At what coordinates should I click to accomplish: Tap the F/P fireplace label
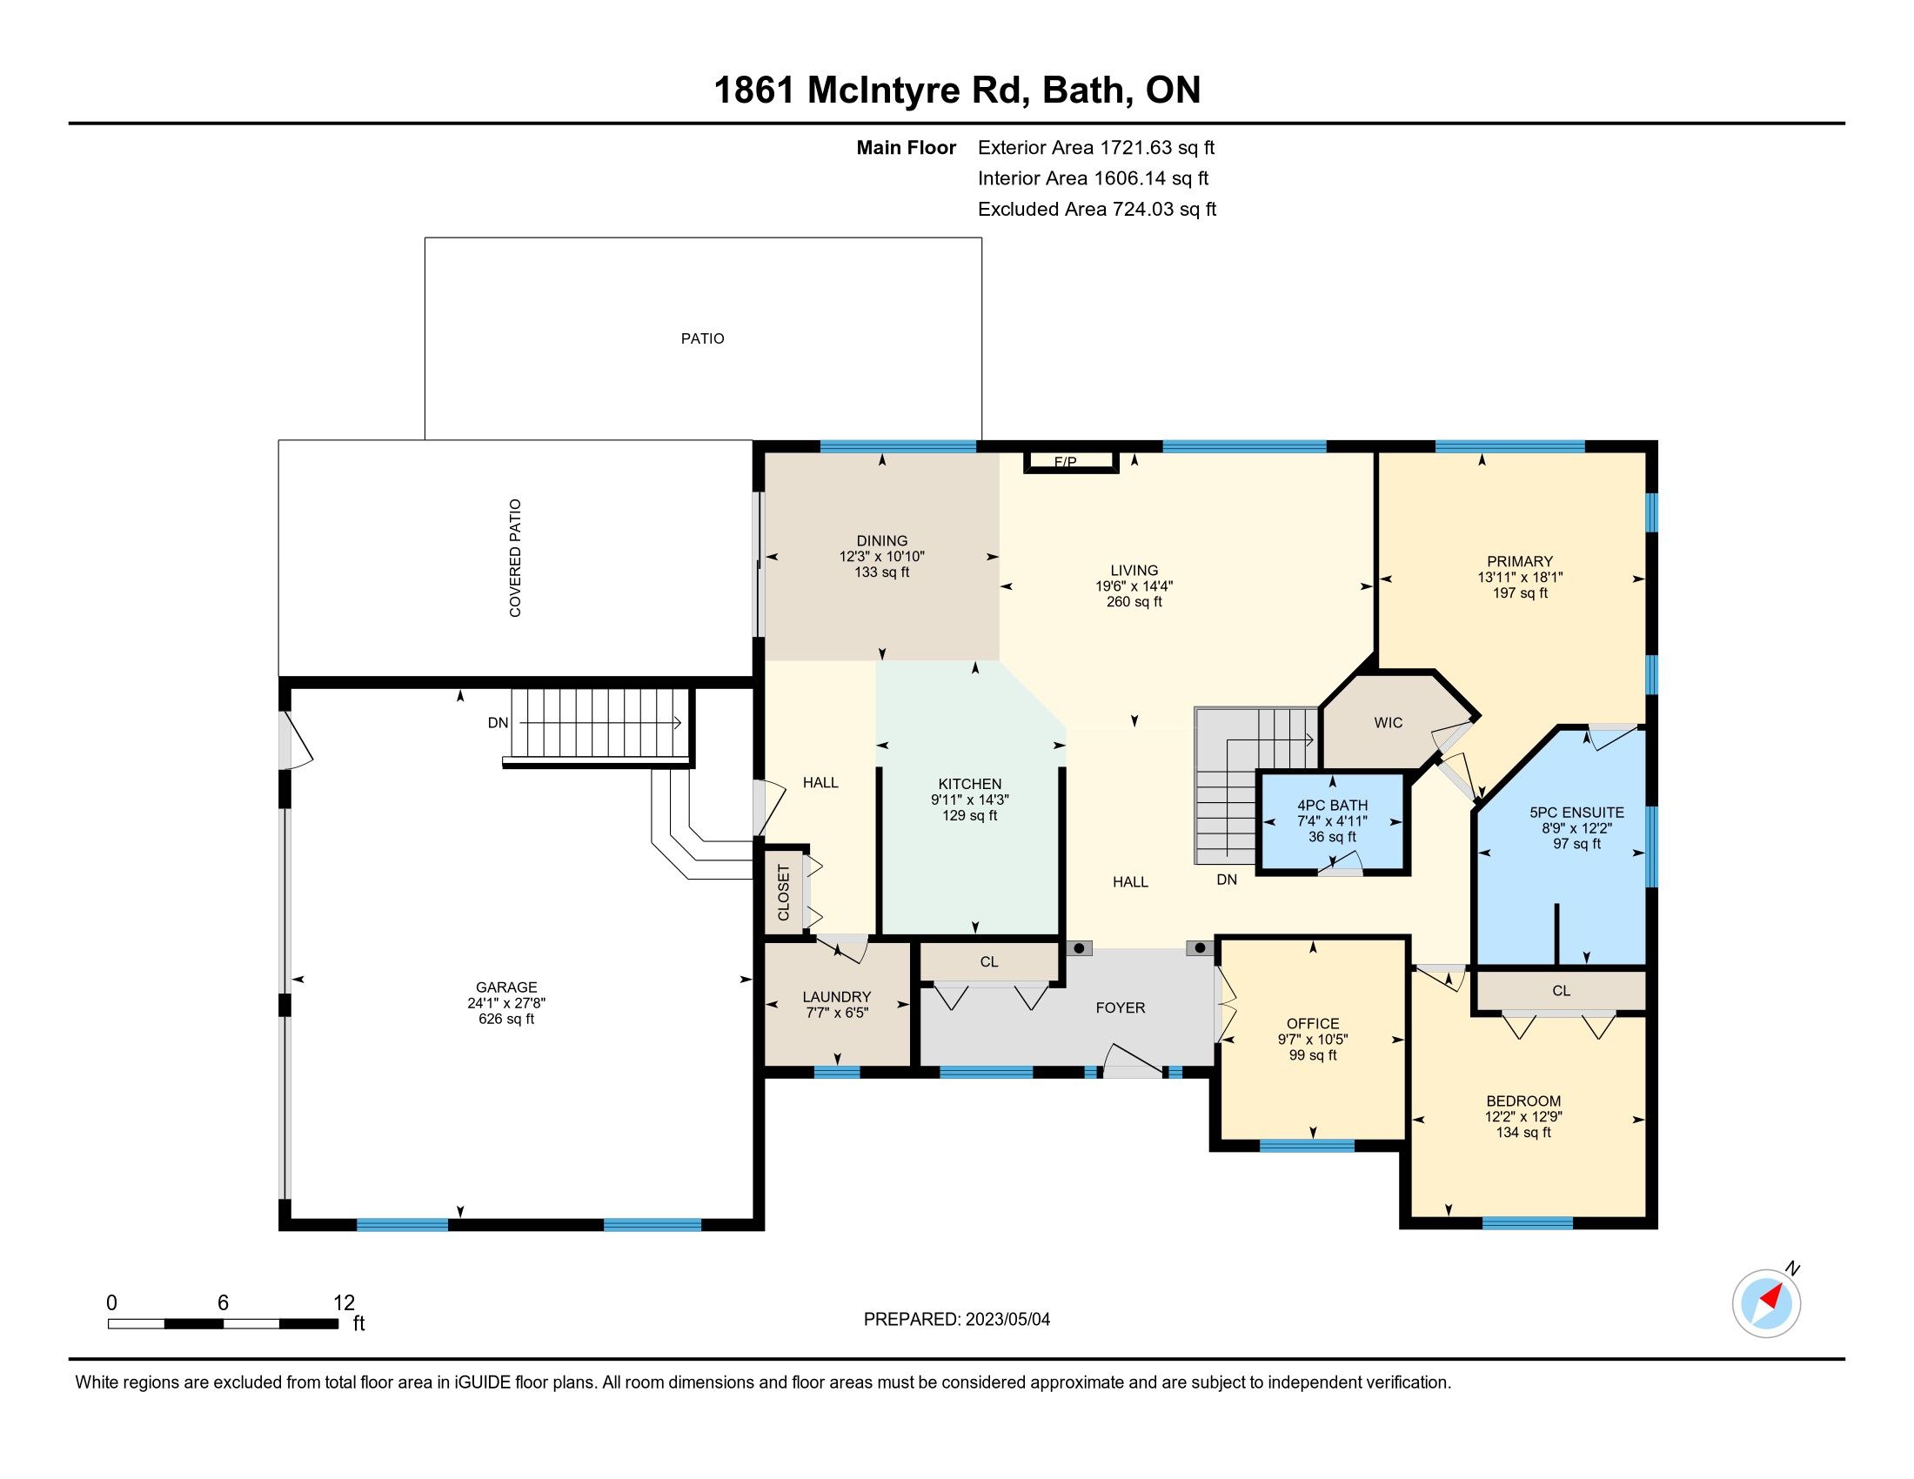point(1065,462)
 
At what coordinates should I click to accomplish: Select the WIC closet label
point(1389,723)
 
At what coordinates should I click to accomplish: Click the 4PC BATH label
point(1332,806)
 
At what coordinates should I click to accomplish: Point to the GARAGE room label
point(506,987)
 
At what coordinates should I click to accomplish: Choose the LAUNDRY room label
point(837,997)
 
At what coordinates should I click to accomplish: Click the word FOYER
point(1120,1007)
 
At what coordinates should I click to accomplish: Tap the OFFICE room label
point(1313,1023)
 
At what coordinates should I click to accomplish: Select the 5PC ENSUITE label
point(1576,813)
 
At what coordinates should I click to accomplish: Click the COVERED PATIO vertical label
point(515,559)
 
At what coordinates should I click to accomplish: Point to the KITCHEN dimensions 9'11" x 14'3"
point(969,800)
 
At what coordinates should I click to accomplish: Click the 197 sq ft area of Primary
point(1521,593)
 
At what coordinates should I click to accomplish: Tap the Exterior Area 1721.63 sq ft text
point(1096,147)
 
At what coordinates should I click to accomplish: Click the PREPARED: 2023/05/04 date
point(957,1320)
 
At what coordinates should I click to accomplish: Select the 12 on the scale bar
point(344,1303)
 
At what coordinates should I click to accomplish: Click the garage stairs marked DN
point(596,724)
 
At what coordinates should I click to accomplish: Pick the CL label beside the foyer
point(989,962)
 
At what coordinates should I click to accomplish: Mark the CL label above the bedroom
point(1561,991)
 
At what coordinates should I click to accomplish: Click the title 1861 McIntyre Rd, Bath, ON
point(957,90)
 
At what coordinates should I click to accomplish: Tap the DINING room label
point(881,540)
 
